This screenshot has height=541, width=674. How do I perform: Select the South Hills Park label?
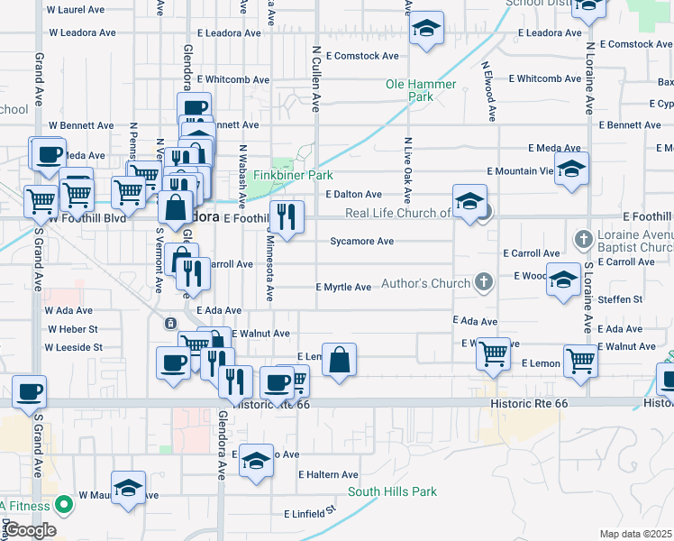(x=392, y=492)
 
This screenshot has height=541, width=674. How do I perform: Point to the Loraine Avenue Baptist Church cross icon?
(x=583, y=240)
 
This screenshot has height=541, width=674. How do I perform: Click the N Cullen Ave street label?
(x=316, y=79)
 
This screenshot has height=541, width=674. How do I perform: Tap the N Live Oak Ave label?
(x=408, y=170)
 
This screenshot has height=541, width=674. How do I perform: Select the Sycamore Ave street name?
(x=361, y=242)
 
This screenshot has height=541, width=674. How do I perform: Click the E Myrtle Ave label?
(x=343, y=288)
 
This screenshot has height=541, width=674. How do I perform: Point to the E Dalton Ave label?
(x=354, y=194)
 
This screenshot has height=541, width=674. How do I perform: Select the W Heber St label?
(x=72, y=329)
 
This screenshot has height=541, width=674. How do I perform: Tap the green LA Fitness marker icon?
(x=63, y=505)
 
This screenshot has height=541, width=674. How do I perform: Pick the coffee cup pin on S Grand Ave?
(x=29, y=392)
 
